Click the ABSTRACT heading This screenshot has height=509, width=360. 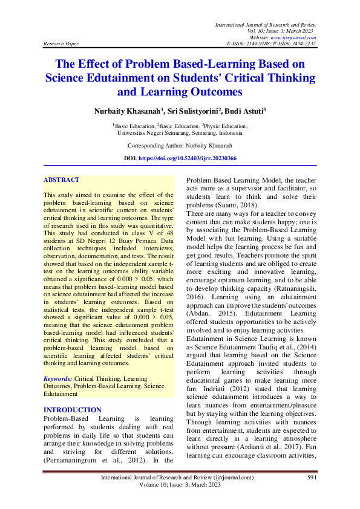pyautogui.click(x=61, y=180)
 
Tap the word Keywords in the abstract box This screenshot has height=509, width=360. pyautogui.click(x=57, y=378)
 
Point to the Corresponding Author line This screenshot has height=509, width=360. pyautogui.click(x=180, y=146)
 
